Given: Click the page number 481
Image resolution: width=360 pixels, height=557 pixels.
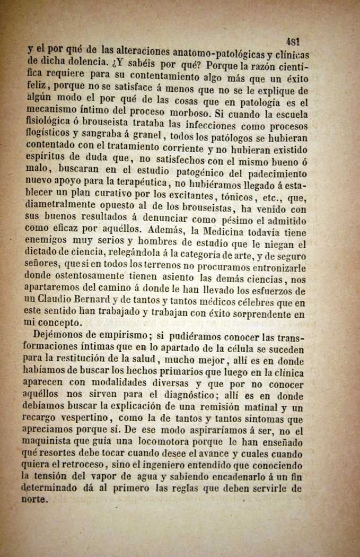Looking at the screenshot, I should (x=293, y=41).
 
